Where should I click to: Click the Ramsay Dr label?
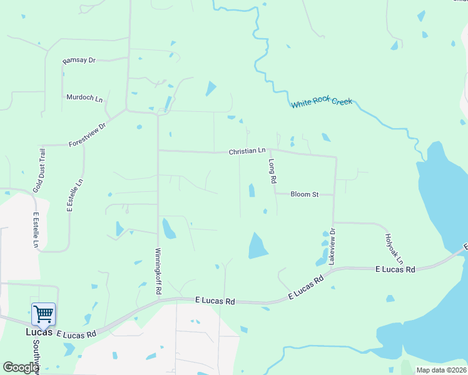pyautogui.click(x=79, y=61)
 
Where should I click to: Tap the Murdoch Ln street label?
pyautogui.click(x=84, y=97)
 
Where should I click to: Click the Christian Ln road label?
pyautogui.click(x=247, y=151)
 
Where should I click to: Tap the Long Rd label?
pyautogui.click(x=272, y=171)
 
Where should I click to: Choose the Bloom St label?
pyautogui.click(x=305, y=194)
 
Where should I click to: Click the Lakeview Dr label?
pyautogui.click(x=332, y=246)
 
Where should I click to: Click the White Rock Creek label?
pyautogui.click(x=322, y=102)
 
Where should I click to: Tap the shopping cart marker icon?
pyautogui.click(x=43, y=313)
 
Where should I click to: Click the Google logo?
pyautogui.click(x=21, y=367)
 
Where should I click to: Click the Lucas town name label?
pyautogui.click(x=38, y=332)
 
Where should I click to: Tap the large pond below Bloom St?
pyautogui.click(x=257, y=246)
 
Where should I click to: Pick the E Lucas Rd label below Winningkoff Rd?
pyautogui.click(x=215, y=301)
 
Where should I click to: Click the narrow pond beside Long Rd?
pyautogui.click(x=252, y=190)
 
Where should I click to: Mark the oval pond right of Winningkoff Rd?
pyautogui.click(x=168, y=229)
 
